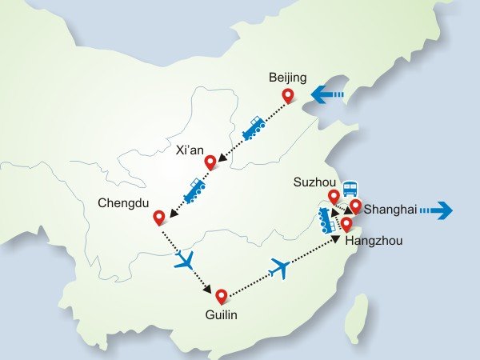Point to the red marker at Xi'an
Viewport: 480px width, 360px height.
click(x=210, y=162)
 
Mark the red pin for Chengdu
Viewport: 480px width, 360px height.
click(x=159, y=216)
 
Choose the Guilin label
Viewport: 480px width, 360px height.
click(x=222, y=315)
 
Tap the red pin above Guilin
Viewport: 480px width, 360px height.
click(x=222, y=296)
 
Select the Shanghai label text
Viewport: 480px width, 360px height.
click(x=390, y=210)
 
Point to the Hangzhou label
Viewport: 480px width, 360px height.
click(x=373, y=240)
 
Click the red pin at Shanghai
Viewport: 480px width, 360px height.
click(x=355, y=206)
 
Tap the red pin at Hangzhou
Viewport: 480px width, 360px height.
click(x=346, y=223)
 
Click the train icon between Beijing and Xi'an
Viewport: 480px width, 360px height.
click(x=254, y=128)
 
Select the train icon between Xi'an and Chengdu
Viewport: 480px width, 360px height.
click(x=195, y=190)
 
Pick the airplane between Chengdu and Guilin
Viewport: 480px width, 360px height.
click(x=185, y=260)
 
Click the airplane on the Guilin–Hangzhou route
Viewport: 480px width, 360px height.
click(x=279, y=268)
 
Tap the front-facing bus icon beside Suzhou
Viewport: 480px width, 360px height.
click(x=350, y=190)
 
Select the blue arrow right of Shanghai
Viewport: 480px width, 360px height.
click(x=437, y=210)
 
